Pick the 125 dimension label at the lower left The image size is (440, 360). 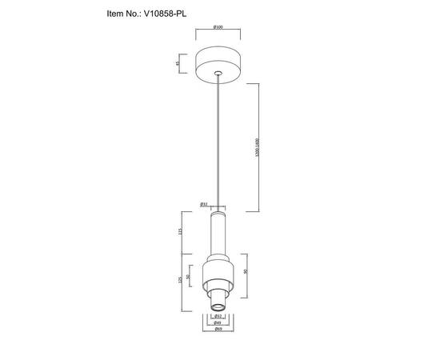tap(182, 282)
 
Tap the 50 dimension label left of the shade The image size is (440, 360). tap(189, 278)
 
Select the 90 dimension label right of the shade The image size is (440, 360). tap(244, 271)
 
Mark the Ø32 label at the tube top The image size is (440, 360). tap(204, 204)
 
